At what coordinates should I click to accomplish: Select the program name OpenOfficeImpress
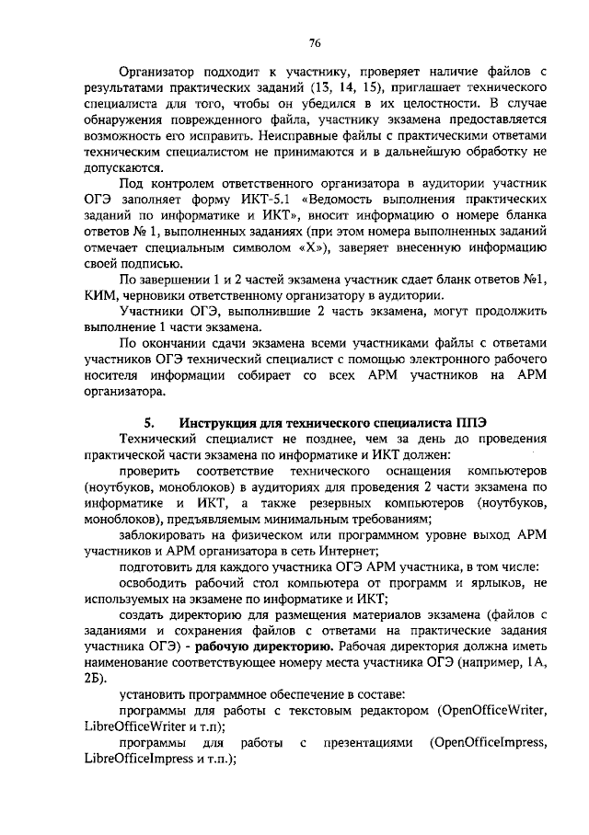point(489,743)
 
